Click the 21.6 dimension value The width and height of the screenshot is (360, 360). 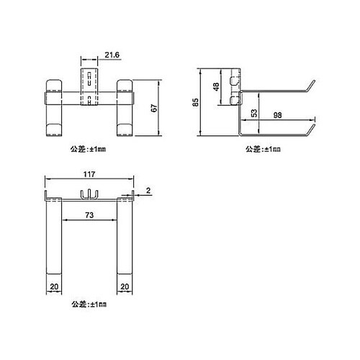pyautogui.click(x=113, y=55)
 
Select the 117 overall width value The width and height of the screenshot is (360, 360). pyautogui.click(x=89, y=175)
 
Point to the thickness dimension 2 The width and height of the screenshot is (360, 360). pyautogui.click(x=147, y=191)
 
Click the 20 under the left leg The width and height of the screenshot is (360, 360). pyautogui.click(x=54, y=285)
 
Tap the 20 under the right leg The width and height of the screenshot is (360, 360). pyautogui.click(x=126, y=285)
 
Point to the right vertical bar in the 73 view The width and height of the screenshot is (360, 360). pyautogui.click(x=126, y=238)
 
